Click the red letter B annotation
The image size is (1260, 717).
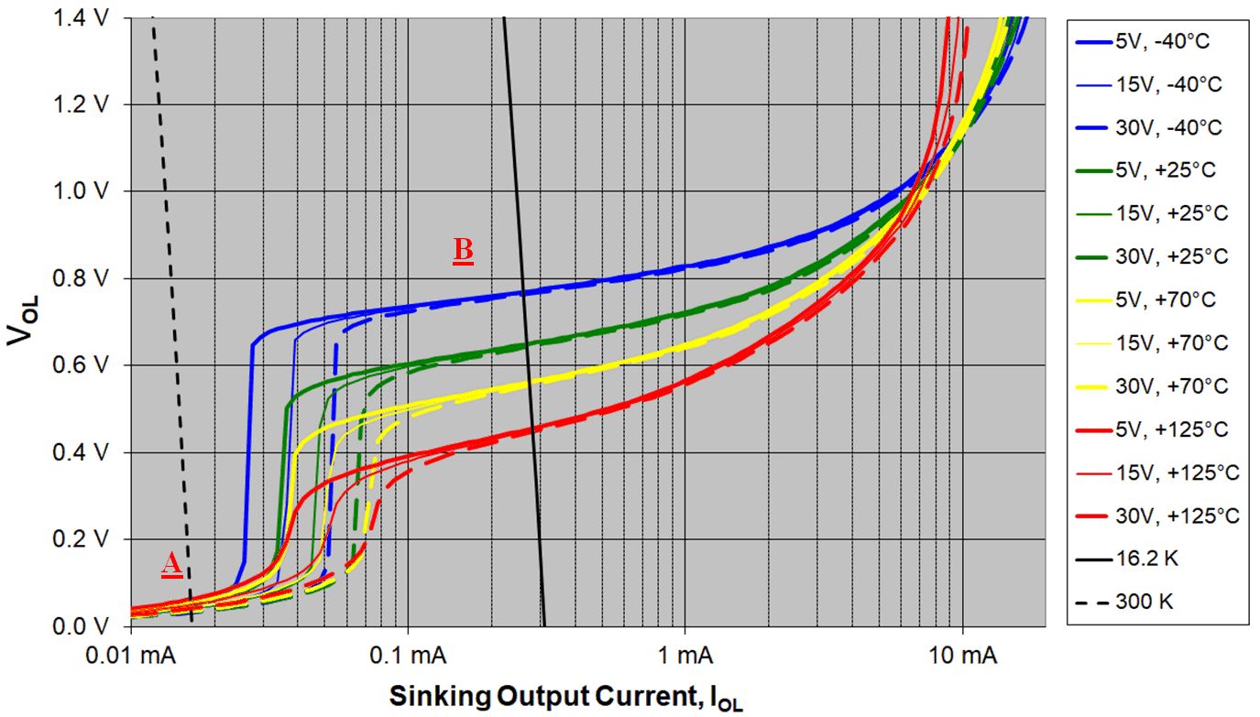pos(463,251)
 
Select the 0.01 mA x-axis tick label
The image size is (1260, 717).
pos(130,657)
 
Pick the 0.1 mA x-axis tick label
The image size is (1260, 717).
pos(409,657)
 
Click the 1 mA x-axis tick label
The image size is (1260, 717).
pos(685,657)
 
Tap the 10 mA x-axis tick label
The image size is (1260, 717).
pos(962,657)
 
